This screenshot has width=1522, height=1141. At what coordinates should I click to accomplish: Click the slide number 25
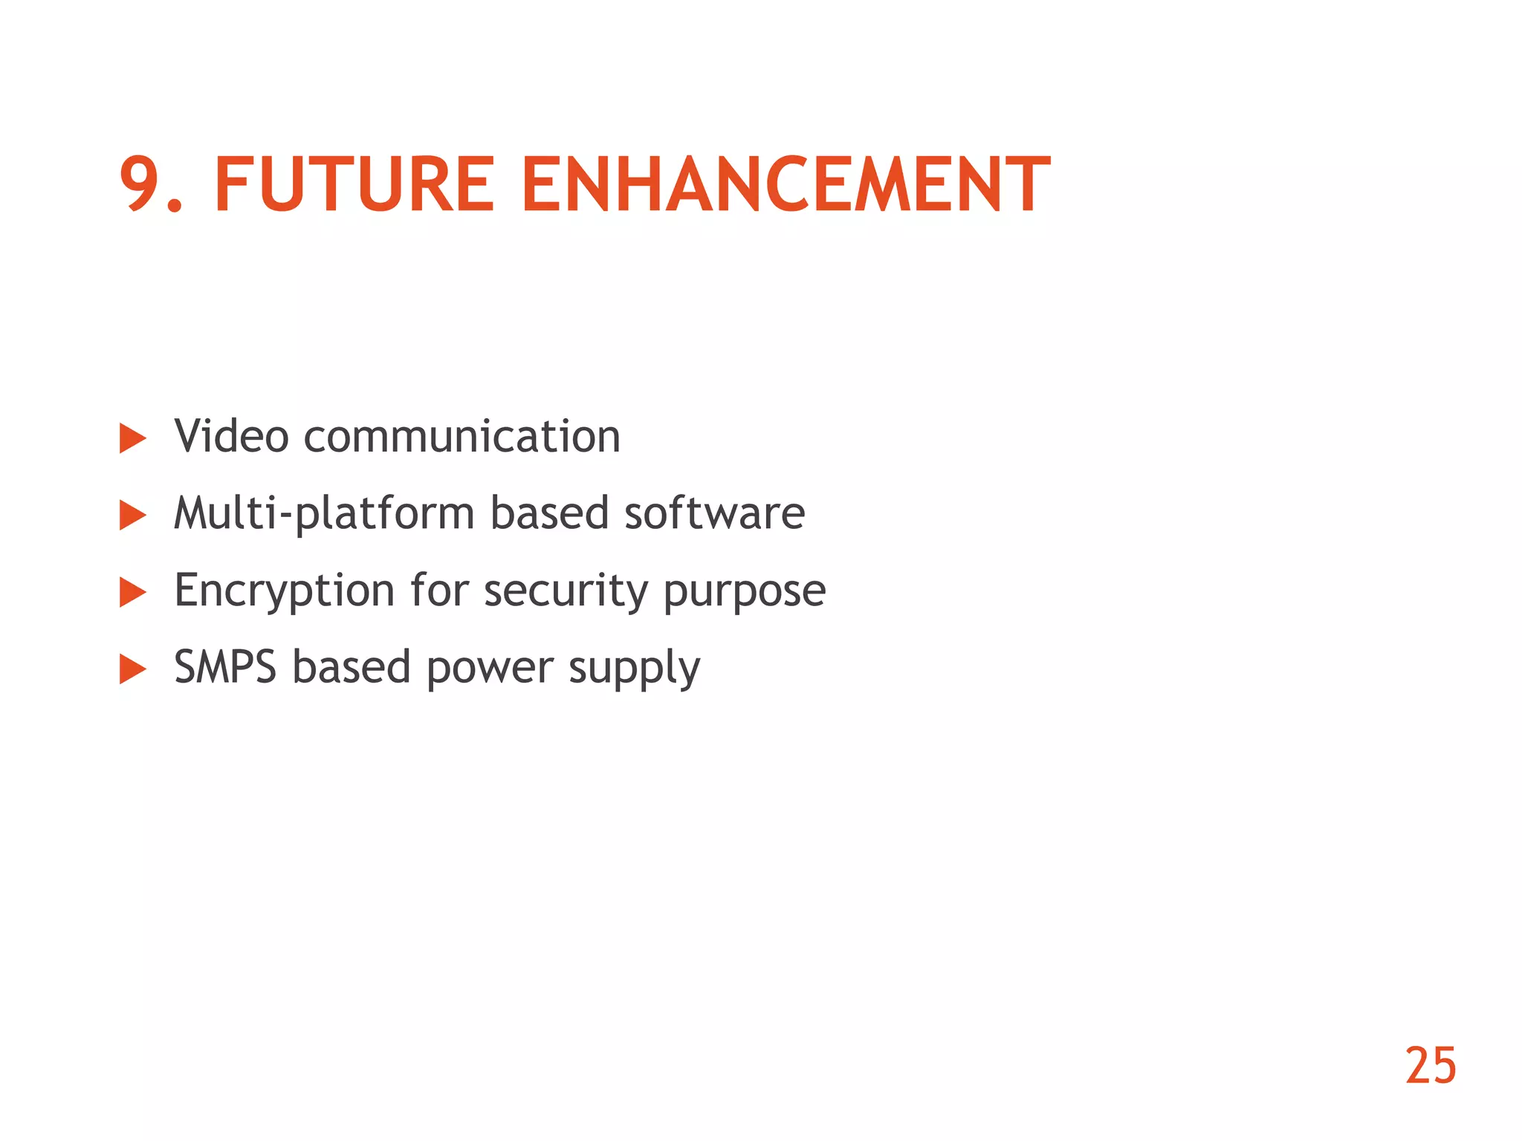[1430, 1066]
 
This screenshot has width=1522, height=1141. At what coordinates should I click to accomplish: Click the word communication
[462, 436]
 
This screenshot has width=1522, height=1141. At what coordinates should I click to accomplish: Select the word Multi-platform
[324, 513]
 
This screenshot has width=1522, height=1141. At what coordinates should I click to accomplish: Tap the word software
[714, 513]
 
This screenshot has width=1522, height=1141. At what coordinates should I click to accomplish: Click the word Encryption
[284, 591]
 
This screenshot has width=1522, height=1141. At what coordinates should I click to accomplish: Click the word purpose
[744, 591]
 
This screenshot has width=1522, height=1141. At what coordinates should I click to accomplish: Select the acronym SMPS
[225, 667]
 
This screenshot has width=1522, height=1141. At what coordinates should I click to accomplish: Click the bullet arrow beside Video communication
[132, 438]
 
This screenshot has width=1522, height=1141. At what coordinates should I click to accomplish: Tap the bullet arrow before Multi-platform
[132, 516]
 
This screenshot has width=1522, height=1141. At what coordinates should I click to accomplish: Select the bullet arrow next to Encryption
[132, 593]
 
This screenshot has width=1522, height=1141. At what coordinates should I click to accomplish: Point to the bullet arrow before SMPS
[132, 669]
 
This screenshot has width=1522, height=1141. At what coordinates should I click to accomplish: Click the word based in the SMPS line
[351, 667]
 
